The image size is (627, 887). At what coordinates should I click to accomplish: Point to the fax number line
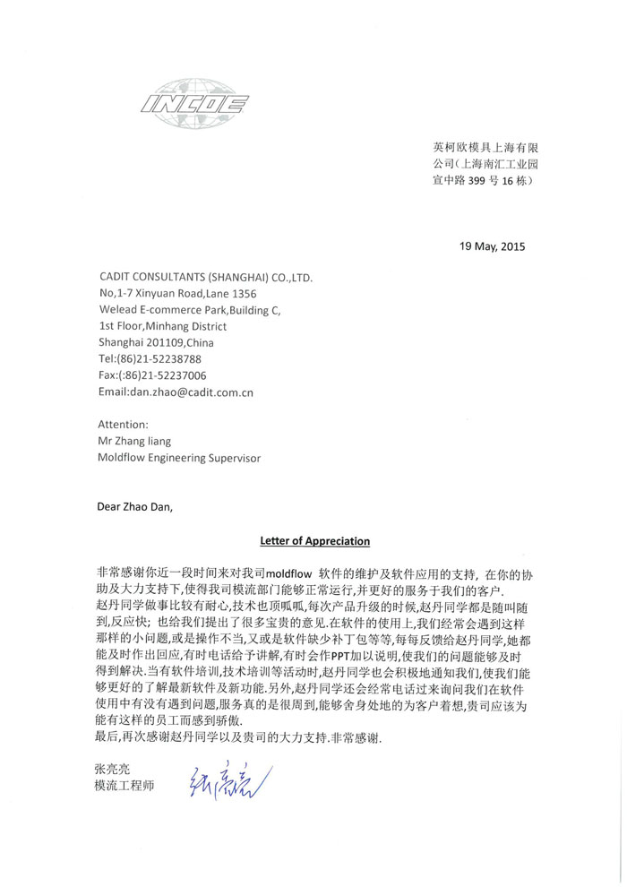(x=152, y=375)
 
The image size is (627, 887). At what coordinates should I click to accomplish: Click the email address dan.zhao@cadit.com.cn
(x=176, y=392)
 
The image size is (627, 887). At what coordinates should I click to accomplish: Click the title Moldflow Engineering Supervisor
(x=179, y=457)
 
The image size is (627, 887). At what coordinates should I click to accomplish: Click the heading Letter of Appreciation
(x=314, y=541)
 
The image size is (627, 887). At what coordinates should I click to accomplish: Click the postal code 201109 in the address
(x=166, y=342)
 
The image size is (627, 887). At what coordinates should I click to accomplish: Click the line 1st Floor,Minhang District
(x=162, y=326)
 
